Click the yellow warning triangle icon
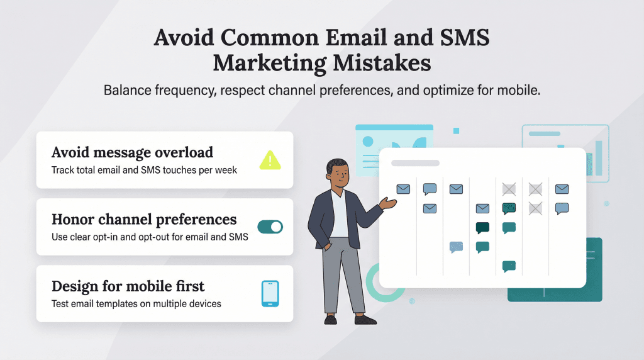click(270, 160)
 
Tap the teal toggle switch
click(270, 227)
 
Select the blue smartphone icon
click(270, 294)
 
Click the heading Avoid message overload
click(132, 152)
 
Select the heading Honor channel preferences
click(144, 220)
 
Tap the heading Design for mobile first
click(128, 286)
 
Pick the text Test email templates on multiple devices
click(136, 303)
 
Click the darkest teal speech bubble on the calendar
click(482, 228)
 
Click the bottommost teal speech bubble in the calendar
click(509, 266)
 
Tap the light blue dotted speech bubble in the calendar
click(456, 247)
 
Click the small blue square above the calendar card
click(456, 131)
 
